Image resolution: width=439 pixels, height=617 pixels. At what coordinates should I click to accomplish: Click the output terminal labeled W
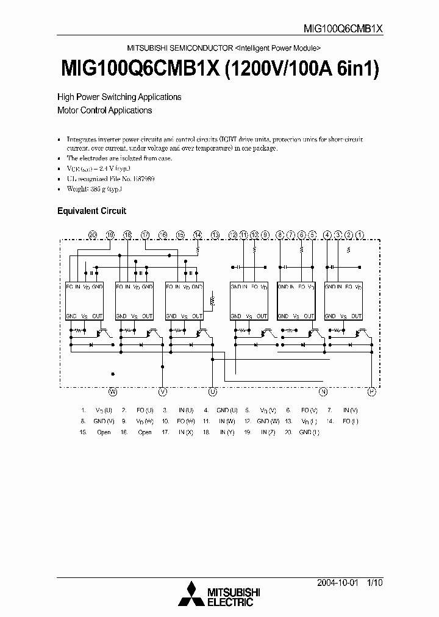click(x=112, y=392)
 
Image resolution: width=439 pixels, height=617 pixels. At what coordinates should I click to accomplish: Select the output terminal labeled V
click(x=163, y=392)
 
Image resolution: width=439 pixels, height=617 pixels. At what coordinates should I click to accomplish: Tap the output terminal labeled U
click(x=213, y=392)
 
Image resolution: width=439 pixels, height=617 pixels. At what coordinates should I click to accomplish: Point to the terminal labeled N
click(x=323, y=392)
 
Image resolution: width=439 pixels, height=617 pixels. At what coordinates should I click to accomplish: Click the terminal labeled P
click(x=371, y=392)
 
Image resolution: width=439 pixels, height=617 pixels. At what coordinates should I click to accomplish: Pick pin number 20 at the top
click(x=92, y=234)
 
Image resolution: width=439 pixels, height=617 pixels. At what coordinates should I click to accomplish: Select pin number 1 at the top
click(x=360, y=234)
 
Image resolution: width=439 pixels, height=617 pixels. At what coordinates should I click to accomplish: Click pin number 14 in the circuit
click(x=198, y=234)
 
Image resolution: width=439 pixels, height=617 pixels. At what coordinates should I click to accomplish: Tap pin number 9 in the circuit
click(x=265, y=234)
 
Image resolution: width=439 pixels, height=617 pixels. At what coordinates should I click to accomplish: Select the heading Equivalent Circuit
click(x=91, y=211)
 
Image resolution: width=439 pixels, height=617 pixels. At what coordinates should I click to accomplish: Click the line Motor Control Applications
click(x=104, y=110)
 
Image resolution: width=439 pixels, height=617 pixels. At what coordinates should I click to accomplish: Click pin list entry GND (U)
click(x=227, y=410)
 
